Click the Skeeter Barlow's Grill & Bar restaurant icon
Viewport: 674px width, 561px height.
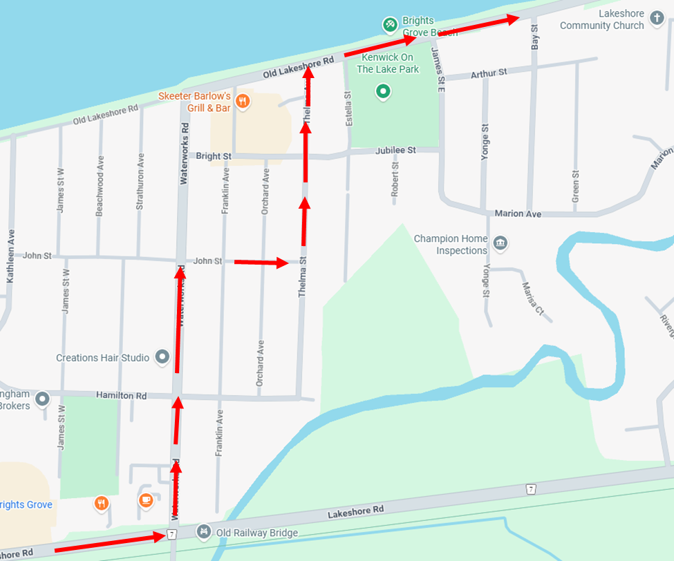(x=242, y=102)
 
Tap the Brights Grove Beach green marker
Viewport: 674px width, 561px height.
(x=390, y=26)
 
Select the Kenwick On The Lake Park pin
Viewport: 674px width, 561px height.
(x=383, y=91)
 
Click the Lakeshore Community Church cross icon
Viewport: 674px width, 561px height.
(x=656, y=20)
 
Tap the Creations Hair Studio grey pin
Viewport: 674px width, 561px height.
(x=162, y=357)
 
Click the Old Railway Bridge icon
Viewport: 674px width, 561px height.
(x=203, y=532)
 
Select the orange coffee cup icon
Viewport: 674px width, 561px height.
(x=146, y=500)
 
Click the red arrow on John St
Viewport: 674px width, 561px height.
(x=261, y=263)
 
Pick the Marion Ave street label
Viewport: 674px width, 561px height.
(x=518, y=213)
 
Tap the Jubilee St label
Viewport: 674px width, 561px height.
(x=395, y=150)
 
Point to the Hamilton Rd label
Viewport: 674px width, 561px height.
(x=122, y=396)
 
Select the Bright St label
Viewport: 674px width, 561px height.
(x=213, y=155)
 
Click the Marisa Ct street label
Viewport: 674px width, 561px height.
(x=532, y=298)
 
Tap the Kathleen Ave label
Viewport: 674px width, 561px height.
(x=10, y=256)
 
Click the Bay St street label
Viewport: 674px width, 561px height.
(x=534, y=39)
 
